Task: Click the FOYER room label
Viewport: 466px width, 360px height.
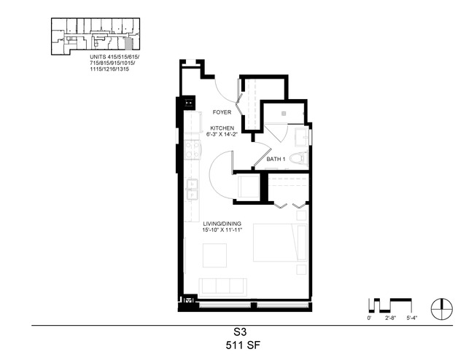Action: coord(222,112)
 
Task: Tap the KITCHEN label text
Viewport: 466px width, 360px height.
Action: coord(222,128)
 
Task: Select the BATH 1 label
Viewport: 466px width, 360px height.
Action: coord(276,159)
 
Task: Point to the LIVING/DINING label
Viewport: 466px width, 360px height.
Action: coord(222,224)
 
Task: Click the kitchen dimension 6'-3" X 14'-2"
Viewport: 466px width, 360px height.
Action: coord(222,134)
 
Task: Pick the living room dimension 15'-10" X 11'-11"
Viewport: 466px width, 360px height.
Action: coord(222,230)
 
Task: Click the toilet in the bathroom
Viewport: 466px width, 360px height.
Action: coord(298,158)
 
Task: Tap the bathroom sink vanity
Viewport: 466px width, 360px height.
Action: coord(302,136)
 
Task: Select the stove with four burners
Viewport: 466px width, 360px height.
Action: coord(192,149)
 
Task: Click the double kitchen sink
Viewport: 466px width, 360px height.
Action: coord(192,189)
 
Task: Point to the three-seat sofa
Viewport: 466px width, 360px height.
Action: coord(222,287)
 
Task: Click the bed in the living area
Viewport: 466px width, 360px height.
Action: coord(280,243)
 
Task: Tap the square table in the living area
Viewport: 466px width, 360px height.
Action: coord(214,256)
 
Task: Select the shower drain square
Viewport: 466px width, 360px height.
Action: coord(284,113)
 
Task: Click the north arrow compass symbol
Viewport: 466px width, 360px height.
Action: coord(442,309)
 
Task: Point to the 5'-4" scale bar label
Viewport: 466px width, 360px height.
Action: coord(412,318)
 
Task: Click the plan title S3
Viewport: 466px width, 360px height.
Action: coord(240,332)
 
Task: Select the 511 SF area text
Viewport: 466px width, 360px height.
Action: coord(243,345)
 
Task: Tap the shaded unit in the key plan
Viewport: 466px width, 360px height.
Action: coord(128,44)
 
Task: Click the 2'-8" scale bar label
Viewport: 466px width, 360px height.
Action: coord(390,318)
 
